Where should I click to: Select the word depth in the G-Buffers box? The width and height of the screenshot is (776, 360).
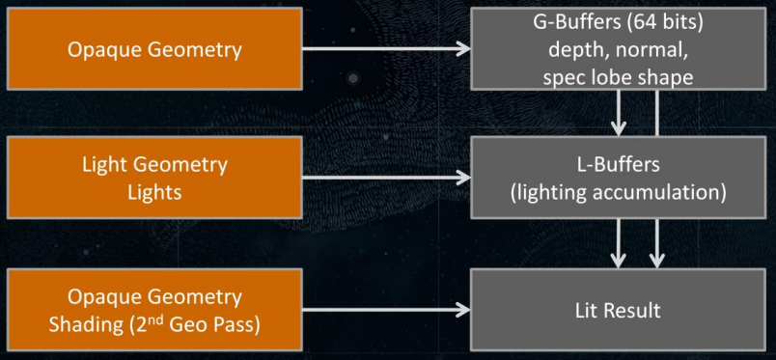coord(574,51)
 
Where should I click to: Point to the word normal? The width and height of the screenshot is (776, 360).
coord(647,51)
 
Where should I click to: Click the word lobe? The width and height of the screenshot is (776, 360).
coord(608,78)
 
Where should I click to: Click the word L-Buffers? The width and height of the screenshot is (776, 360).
coord(619,164)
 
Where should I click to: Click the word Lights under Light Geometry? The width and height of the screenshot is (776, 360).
coord(154,192)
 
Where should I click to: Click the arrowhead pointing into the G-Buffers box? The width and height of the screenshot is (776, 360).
coord(463,48)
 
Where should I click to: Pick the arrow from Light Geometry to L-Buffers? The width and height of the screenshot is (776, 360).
coord(386,178)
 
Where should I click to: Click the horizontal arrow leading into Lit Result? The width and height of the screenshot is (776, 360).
coord(386,310)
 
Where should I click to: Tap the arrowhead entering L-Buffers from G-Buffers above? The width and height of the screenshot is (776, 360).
coord(618,127)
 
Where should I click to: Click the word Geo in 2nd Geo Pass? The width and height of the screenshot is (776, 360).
coord(183,326)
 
